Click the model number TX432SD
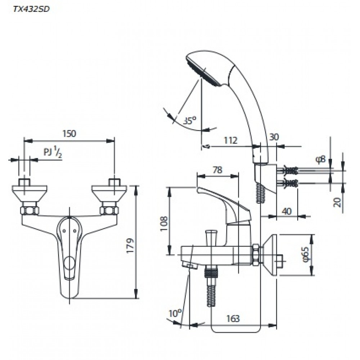(31, 10)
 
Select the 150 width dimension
(69, 133)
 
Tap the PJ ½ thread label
(52, 152)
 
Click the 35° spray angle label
(189, 120)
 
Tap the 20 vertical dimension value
(337, 202)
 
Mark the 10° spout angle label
(174, 314)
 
